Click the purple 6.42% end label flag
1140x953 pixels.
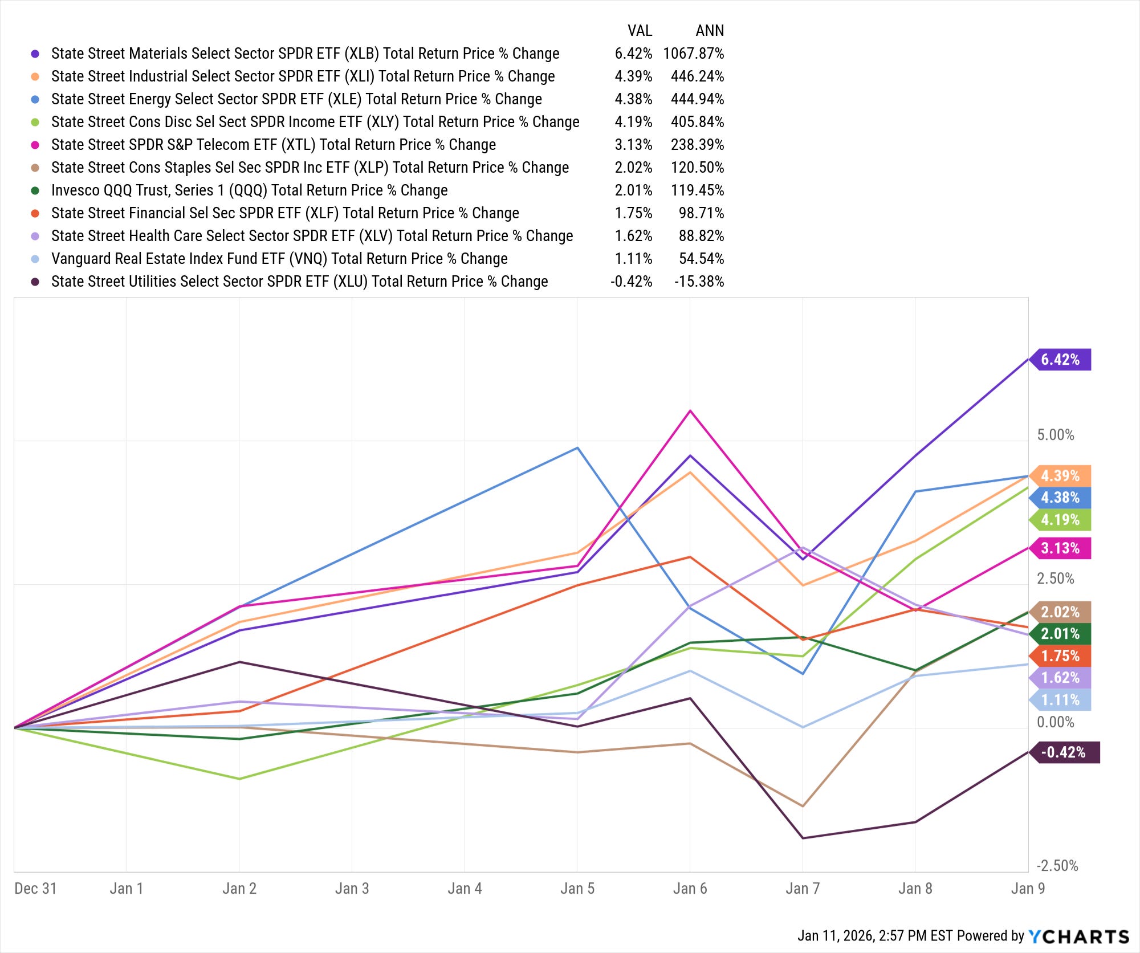[1060, 360]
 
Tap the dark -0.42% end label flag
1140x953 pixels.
[1064, 752]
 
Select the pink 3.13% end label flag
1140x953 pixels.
[1060, 548]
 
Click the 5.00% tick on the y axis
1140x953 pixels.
[1056, 435]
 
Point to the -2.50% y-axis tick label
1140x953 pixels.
[1057, 866]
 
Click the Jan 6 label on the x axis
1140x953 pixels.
[690, 889]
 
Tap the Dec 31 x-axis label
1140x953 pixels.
[35, 889]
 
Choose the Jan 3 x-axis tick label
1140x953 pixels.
[352, 889]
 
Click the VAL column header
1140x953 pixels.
[640, 31]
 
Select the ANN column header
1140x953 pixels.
[710, 31]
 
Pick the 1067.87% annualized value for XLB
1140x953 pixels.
[694, 54]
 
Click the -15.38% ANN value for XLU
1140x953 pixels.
[699, 282]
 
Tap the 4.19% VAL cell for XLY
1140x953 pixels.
[633, 122]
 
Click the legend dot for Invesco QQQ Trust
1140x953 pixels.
[35, 190]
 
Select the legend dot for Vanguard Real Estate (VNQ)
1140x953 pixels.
[35, 259]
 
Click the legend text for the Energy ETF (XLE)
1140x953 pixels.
[296, 99]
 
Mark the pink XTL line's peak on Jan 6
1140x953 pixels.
[690, 410]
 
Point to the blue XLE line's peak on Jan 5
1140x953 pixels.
[577, 448]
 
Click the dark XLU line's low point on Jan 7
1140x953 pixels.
[803, 838]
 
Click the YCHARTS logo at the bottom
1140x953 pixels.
[1078, 936]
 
